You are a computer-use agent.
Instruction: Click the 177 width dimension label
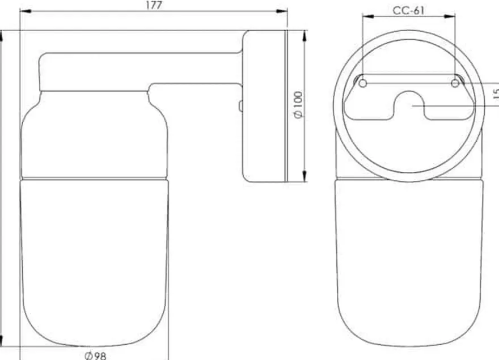point(154,5)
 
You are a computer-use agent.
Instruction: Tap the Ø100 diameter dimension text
point(298,105)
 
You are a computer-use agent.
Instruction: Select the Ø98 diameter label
point(95,355)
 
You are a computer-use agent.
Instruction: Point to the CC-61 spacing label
point(408,11)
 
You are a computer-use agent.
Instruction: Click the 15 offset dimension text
point(496,94)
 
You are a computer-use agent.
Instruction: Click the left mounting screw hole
point(362,83)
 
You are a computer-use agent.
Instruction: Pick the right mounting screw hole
point(455,83)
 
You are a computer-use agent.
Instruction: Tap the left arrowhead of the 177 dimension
point(26,11)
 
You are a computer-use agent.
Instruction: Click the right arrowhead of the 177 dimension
point(282,11)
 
